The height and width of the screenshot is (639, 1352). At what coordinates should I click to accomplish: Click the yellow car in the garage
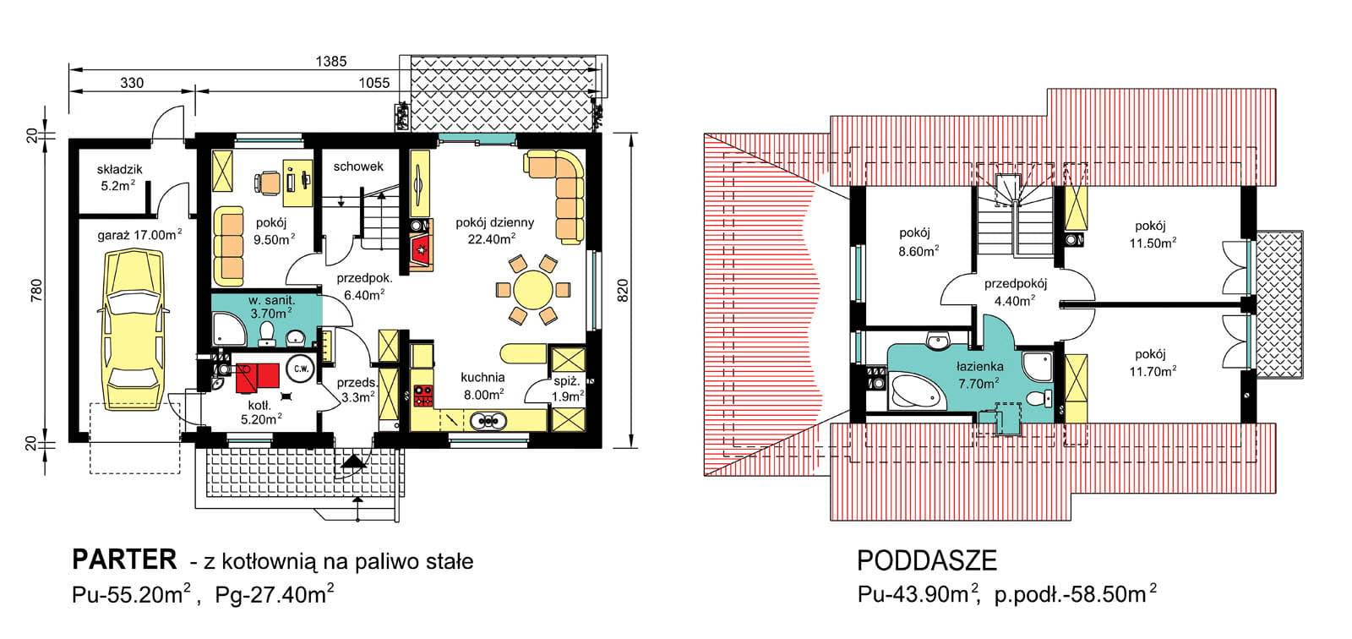132,330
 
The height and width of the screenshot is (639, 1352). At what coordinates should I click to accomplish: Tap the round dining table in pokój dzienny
532,290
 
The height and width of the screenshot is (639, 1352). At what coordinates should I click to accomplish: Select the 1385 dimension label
331,61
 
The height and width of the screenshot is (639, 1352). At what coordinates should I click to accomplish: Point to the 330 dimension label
132,83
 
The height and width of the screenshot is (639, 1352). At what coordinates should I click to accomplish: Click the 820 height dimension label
623,291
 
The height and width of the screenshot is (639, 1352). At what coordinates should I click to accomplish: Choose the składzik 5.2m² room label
119,177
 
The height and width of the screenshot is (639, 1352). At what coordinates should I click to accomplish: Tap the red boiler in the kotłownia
257,375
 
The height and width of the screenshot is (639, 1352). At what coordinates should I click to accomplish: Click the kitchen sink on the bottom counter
488,420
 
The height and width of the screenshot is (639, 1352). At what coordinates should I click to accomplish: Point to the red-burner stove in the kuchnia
423,396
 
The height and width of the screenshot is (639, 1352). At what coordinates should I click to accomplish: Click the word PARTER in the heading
124,560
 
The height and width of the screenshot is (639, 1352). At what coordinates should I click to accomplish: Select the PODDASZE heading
926,561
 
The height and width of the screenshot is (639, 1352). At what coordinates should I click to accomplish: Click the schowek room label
358,167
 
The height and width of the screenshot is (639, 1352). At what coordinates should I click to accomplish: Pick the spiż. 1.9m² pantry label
568,389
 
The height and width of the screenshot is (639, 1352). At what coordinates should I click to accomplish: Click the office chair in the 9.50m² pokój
268,183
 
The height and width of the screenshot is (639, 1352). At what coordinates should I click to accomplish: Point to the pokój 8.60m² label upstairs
918,243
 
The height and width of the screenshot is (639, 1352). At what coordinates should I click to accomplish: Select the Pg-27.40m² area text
275,594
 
